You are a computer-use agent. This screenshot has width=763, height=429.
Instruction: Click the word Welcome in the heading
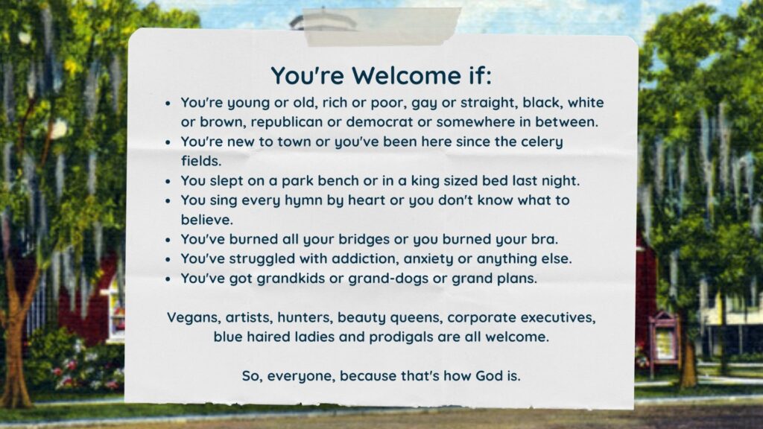[x=406, y=76]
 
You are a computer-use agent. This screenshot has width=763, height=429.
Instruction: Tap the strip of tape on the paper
[x=382, y=27]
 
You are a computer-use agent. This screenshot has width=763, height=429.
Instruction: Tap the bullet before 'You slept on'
[x=168, y=182]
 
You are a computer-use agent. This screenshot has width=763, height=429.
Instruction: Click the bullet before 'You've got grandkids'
[x=168, y=280]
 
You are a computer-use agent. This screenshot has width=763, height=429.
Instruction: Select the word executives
[x=558, y=317]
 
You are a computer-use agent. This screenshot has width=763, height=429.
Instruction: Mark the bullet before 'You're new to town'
[x=168, y=143]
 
